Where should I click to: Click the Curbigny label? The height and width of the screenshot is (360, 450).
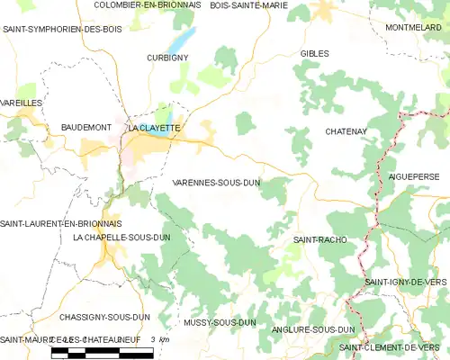coord(166,58)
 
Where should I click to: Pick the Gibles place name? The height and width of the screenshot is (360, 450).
coord(314,54)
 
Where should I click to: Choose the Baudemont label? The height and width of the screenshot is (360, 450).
coord(85,128)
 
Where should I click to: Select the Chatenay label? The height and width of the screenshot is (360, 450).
coord(346,132)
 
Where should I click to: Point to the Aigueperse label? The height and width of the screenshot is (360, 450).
coord(415,176)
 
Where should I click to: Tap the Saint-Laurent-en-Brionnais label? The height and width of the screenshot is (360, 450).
coord(61,223)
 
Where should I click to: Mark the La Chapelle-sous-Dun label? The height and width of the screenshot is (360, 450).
coord(121,237)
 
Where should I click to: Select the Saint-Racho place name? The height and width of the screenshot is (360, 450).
coord(320,240)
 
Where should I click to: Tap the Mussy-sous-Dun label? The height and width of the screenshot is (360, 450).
coord(220,322)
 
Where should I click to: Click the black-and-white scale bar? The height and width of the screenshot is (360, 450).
coord(99,352)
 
